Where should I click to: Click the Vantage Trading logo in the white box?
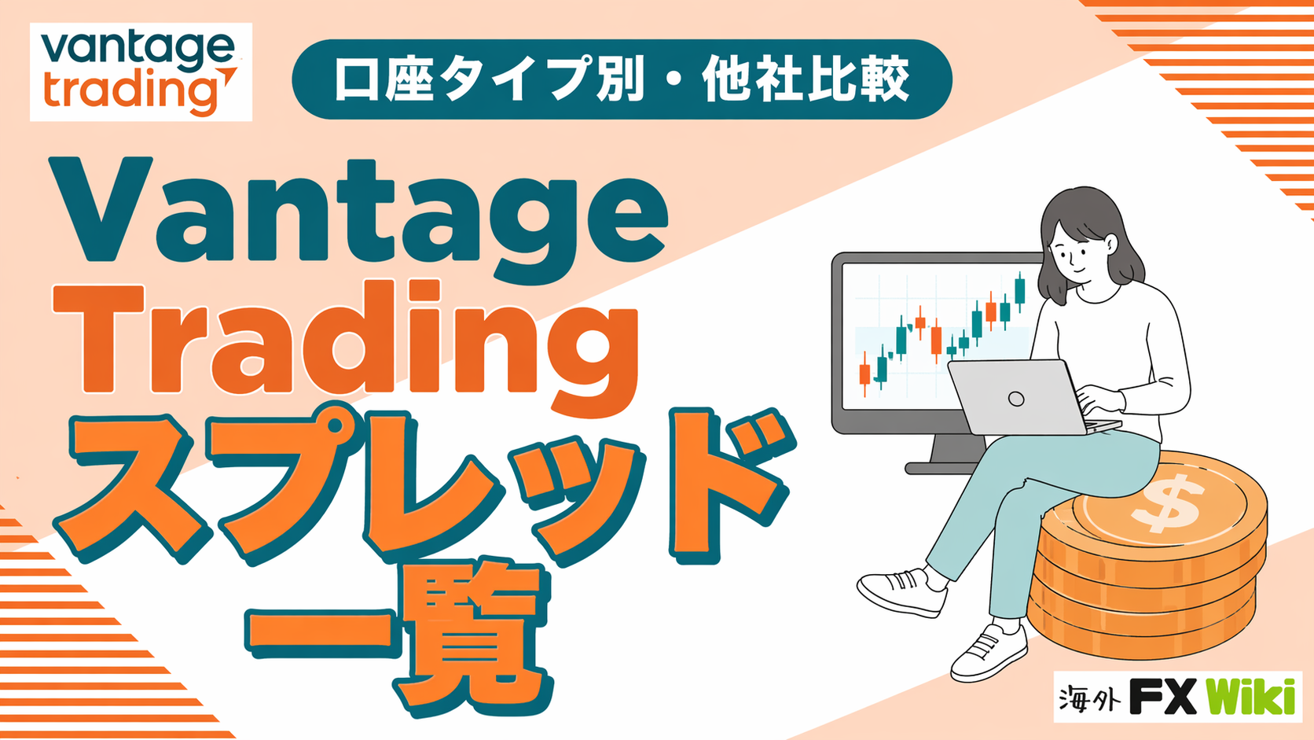140,72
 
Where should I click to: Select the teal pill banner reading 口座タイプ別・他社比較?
622,79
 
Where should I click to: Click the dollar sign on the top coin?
1165,505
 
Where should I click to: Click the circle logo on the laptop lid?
1016,399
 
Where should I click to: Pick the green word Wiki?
1250,697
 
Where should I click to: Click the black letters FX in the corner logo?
1163,697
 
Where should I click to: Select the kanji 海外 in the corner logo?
1088,698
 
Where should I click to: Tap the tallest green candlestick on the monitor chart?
1020,290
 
